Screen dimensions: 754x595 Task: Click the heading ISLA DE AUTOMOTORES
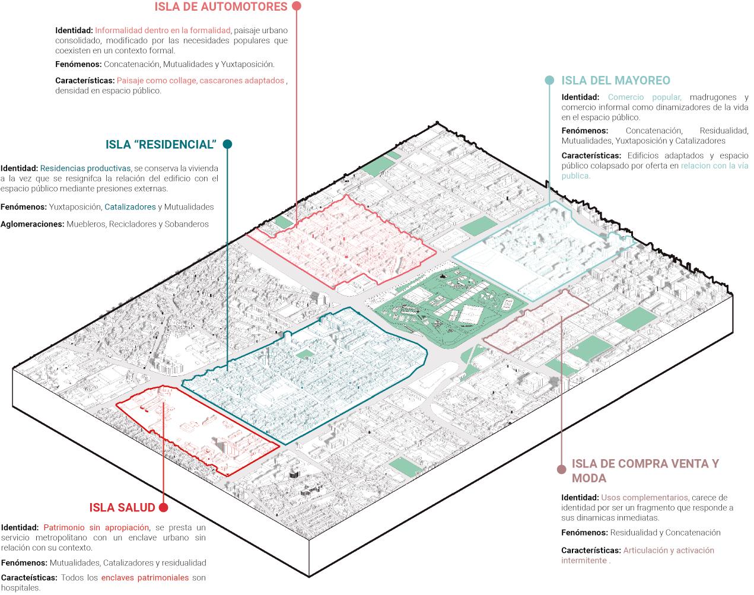(221, 7)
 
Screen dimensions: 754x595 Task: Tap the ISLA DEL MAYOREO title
(616, 81)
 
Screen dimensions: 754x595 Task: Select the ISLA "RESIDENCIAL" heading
(160, 145)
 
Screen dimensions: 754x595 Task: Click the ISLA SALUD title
(122, 508)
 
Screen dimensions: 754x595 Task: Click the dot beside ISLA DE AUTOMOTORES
(297, 6)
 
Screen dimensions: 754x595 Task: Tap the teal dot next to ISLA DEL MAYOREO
(549, 81)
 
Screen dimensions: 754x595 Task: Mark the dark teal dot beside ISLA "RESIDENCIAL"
(227, 144)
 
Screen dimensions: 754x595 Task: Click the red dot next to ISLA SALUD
(164, 508)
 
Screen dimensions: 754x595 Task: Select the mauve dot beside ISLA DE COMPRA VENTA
(562, 469)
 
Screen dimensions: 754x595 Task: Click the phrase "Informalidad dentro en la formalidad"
(163, 30)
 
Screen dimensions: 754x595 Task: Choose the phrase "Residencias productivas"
(85, 168)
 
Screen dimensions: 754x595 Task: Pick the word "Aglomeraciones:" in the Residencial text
(32, 224)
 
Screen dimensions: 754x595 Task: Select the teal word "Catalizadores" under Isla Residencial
(130, 207)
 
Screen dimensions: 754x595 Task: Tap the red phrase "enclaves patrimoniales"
(145, 578)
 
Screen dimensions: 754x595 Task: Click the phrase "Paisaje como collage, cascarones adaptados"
(201, 81)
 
